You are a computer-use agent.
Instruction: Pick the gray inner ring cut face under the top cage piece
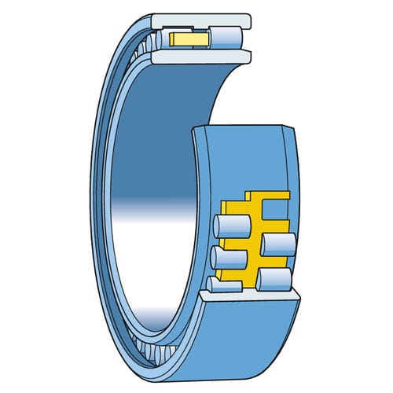click(x=201, y=56)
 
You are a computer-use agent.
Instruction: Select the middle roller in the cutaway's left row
click(x=226, y=257)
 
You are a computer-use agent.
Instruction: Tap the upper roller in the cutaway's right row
click(x=277, y=244)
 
